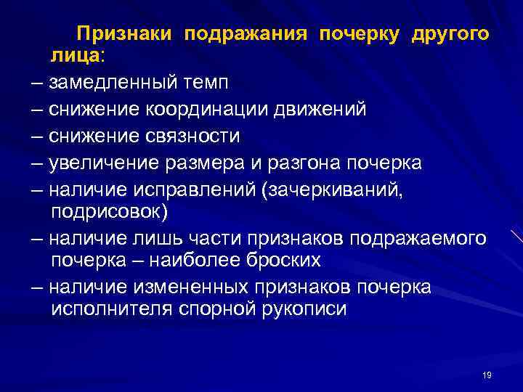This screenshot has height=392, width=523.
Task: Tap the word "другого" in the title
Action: tap(450, 34)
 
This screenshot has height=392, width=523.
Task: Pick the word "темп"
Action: tap(209, 82)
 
